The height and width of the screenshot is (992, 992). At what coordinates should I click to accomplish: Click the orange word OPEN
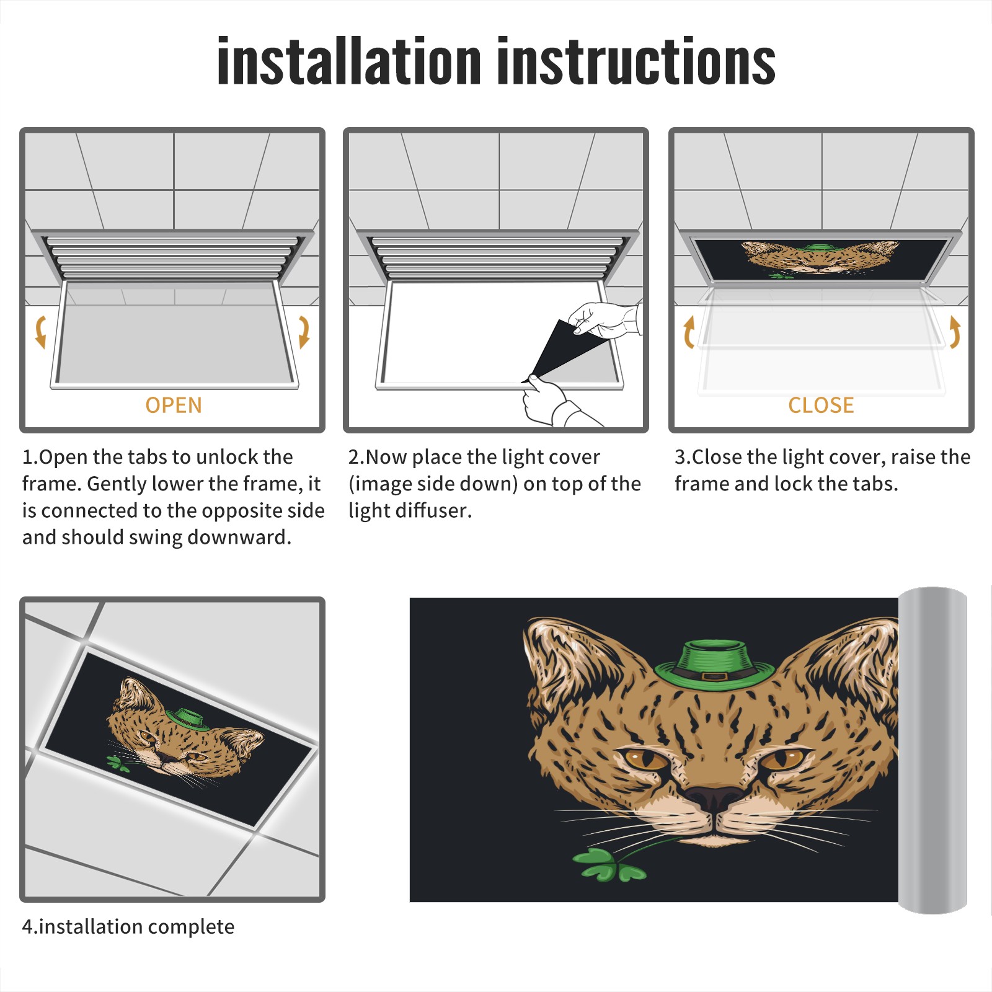pos(174,405)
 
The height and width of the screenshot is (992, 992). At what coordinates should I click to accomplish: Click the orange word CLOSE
pos(821,405)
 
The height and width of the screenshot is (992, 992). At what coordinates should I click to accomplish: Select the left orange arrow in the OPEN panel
pos(40,332)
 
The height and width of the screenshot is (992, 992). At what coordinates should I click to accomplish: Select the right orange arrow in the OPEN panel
pos(304,332)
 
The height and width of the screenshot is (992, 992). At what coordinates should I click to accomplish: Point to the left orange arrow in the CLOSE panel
pos(689,332)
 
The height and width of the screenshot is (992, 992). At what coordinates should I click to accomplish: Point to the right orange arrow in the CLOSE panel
pos(955,332)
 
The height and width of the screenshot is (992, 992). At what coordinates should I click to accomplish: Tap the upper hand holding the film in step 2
pos(604,319)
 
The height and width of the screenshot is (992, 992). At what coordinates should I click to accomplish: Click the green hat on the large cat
pos(715,666)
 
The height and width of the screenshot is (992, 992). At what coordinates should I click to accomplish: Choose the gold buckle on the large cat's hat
pos(714,676)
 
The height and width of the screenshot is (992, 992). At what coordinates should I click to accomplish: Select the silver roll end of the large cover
pos(932,750)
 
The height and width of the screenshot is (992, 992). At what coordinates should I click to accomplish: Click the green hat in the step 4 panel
pos(187,720)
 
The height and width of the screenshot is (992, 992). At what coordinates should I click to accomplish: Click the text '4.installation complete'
pos(128,927)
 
